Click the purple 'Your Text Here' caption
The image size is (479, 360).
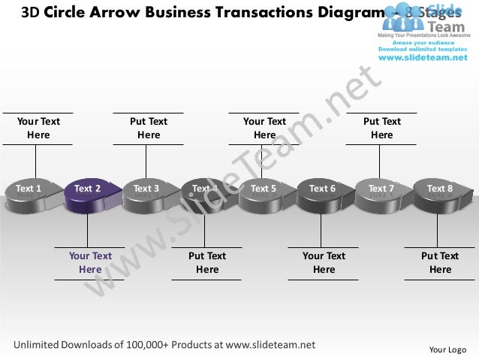(x=90, y=262)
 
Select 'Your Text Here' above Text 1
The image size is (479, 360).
(x=38, y=128)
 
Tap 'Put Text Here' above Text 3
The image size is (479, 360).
(x=149, y=128)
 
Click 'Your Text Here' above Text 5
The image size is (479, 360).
(x=264, y=128)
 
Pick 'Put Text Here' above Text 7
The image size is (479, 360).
(x=381, y=128)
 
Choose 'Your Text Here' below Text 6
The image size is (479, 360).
(x=324, y=262)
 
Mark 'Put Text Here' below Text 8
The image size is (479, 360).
(x=440, y=262)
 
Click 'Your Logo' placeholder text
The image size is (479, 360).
(x=447, y=349)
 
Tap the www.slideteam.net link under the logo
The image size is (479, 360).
(x=421, y=57)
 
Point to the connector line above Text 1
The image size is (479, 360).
(x=35, y=161)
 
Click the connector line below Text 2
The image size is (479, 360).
(x=87, y=229)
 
